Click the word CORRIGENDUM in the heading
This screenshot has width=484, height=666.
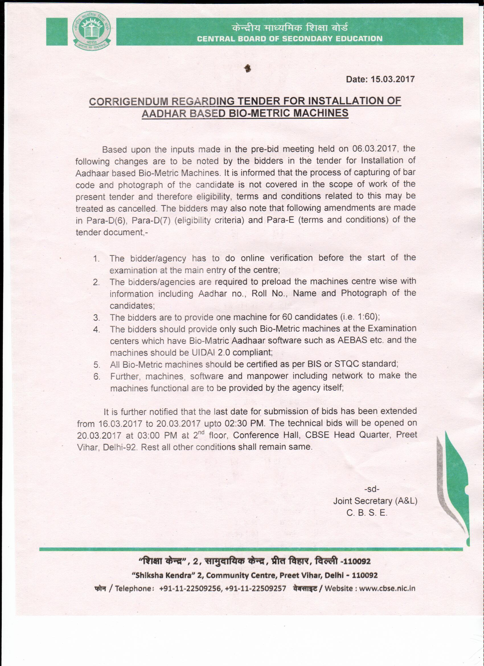pos(129,102)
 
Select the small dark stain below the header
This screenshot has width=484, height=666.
pos(248,68)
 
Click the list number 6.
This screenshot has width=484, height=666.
pos(97,376)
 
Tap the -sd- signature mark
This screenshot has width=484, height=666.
pos(372,489)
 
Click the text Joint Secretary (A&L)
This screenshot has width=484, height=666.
pos(375,501)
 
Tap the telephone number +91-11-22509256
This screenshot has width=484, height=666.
pos(190,588)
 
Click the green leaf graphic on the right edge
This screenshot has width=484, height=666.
pos(456,485)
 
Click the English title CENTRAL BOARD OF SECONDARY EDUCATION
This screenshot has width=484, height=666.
pos(289,39)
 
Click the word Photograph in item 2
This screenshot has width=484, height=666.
pos(364,293)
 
